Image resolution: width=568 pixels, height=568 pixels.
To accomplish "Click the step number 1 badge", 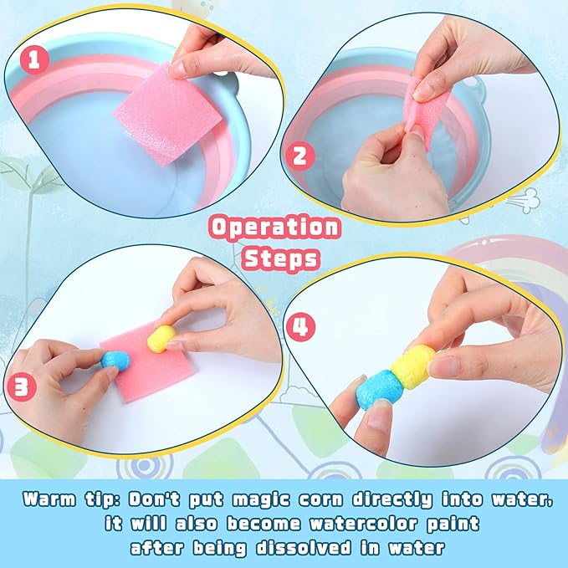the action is point(34,59).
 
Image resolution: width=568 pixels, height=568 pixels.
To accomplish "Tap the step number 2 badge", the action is point(300,156).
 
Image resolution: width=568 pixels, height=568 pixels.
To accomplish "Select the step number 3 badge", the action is point(22,386).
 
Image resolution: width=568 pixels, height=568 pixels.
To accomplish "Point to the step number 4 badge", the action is point(300,326).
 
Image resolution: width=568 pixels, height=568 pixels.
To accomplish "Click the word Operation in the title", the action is point(274,228).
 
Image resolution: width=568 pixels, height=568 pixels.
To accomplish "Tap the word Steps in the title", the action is point(281,258).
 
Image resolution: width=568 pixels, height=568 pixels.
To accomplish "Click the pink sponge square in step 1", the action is point(167,115).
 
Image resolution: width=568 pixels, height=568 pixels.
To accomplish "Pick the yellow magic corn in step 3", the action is point(161,338).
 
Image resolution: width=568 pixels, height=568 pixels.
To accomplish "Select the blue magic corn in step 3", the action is point(115,361).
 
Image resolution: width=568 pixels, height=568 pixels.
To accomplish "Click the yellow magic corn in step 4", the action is point(412,366).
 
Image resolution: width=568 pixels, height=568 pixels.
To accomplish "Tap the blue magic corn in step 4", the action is point(380,390).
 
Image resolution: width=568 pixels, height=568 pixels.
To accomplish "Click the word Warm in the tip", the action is point(49,499).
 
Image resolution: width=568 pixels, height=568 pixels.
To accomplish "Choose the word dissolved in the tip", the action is point(304,547).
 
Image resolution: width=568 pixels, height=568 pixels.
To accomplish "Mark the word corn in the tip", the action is point(321,500).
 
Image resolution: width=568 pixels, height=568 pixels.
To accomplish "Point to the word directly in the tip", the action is point(392,500).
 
